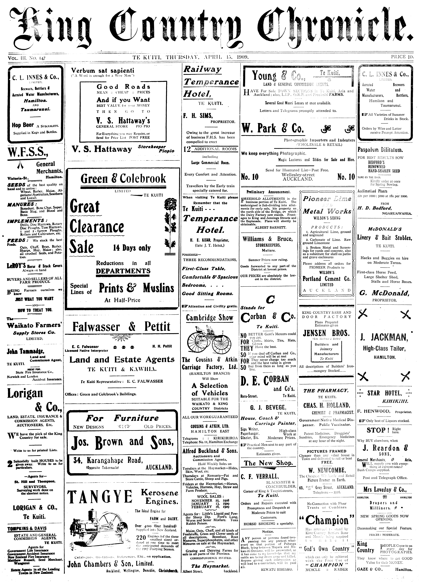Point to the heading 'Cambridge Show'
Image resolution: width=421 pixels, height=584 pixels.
210,318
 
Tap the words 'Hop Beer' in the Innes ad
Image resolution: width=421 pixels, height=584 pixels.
23,125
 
